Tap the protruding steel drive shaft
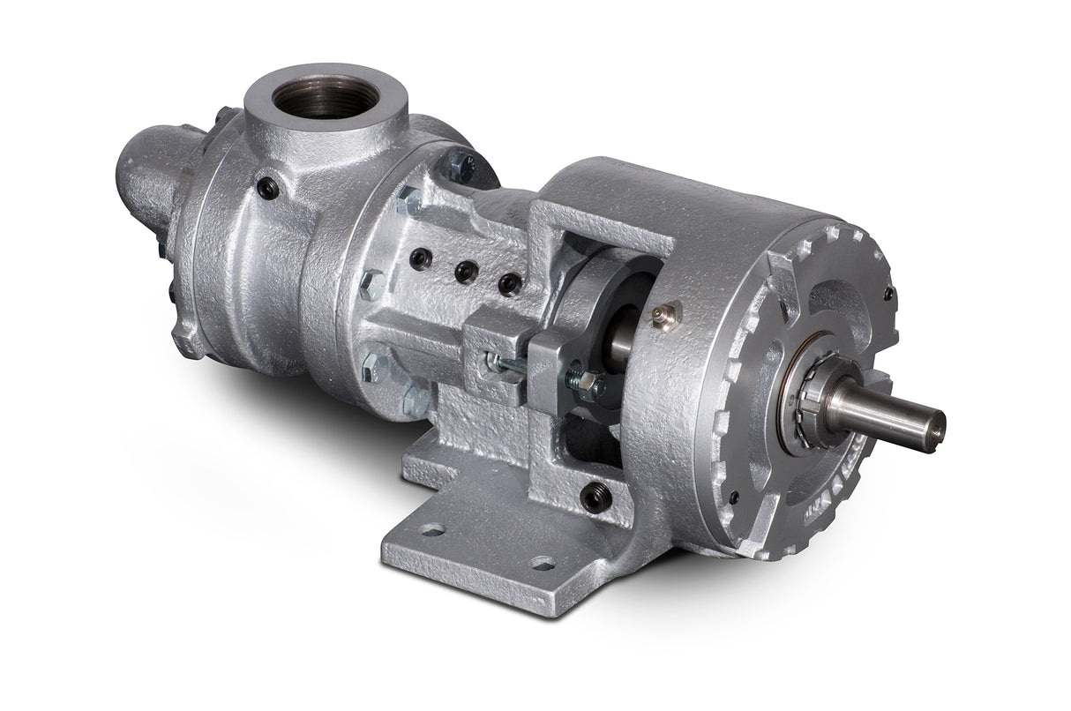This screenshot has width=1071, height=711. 891,413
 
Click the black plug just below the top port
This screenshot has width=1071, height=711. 267,187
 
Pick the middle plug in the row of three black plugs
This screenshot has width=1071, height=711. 465,272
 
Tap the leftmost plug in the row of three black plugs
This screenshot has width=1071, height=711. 421,258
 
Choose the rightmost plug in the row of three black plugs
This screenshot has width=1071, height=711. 509,283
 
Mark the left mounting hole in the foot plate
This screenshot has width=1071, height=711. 432,529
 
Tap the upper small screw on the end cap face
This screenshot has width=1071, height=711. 888,292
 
